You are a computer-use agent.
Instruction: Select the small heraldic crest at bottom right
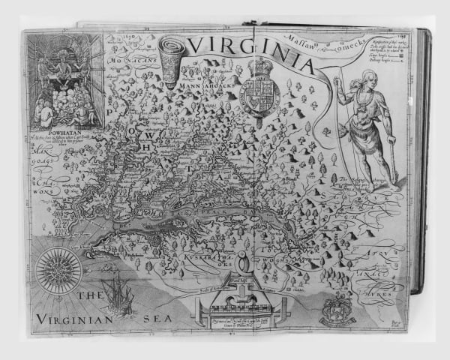click(x=338, y=308)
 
